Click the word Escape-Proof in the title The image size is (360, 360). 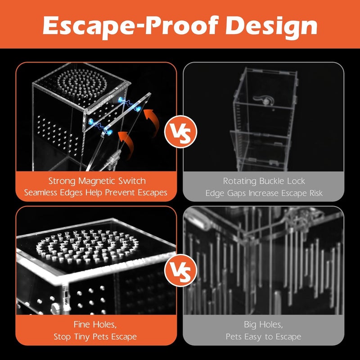click(130, 26)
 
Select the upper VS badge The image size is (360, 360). click(181, 132)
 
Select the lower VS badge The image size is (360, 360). click(181, 271)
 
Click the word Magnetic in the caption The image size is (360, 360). click(97, 181)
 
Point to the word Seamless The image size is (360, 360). click(40, 193)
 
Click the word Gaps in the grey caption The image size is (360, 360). click(237, 193)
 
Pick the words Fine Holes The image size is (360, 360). click(95, 324)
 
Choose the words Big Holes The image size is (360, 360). click(263, 324)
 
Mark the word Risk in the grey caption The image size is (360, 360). click(316, 193)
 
